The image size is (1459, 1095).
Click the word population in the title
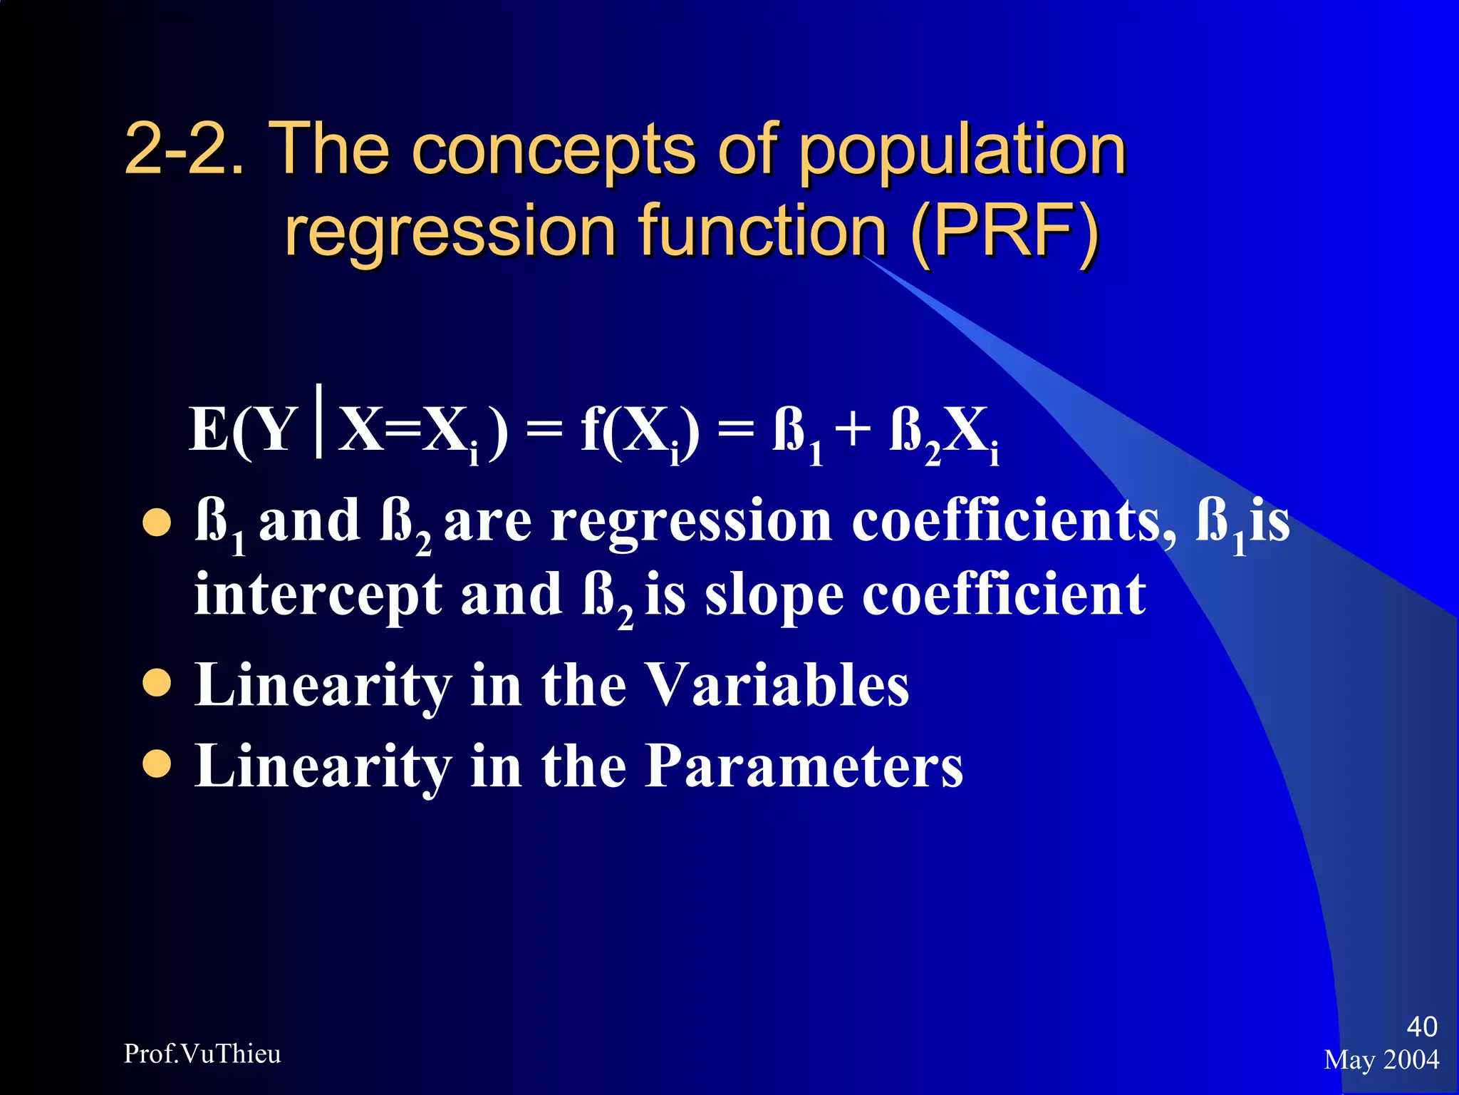(x=962, y=151)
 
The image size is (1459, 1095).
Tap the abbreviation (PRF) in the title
(x=1004, y=232)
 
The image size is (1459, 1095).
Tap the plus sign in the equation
(x=853, y=431)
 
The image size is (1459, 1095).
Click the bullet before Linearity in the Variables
(x=157, y=682)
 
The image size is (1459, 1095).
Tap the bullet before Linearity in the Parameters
(x=157, y=764)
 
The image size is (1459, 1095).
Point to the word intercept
(x=318, y=596)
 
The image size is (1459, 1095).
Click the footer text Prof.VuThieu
(x=202, y=1054)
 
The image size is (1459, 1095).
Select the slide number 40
(x=1421, y=1027)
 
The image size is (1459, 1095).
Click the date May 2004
(x=1381, y=1059)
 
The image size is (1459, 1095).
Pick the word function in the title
(x=762, y=232)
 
